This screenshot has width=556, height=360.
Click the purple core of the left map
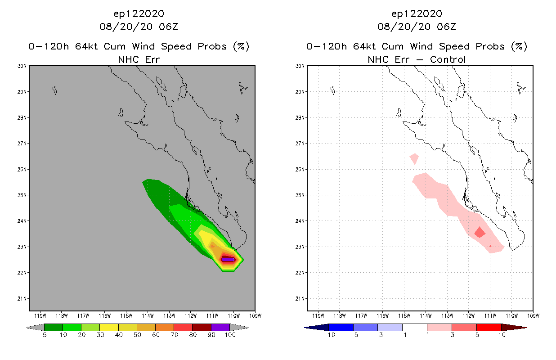click(x=228, y=260)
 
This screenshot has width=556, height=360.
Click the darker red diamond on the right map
click(x=480, y=232)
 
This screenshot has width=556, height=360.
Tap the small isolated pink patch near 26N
click(x=414, y=158)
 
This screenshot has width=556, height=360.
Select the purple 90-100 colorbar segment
click(x=220, y=327)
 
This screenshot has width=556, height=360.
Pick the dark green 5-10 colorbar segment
click(x=54, y=327)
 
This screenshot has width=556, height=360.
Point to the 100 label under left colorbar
click(x=230, y=335)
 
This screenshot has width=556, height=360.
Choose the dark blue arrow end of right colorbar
click(x=316, y=327)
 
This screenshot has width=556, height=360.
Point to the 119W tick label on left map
click(x=40, y=315)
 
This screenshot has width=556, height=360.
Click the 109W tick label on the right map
click(x=533, y=315)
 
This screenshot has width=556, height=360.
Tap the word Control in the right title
click(x=448, y=60)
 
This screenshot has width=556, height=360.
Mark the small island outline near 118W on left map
click(x=54, y=90)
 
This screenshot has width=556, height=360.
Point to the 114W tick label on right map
click(x=426, y=315)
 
